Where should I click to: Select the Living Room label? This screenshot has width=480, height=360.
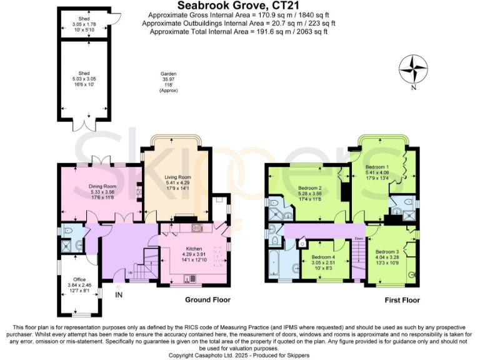[x=177, y=177]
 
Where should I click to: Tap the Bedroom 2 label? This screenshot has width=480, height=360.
[x=309, y=188]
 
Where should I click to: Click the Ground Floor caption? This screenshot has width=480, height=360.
[x=207, y=300]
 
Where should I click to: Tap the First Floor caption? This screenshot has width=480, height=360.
[x=401, y=300]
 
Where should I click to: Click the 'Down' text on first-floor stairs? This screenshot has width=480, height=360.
[x=358, y=239]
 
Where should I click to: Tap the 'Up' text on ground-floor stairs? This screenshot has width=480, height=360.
[x=130, y=273]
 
